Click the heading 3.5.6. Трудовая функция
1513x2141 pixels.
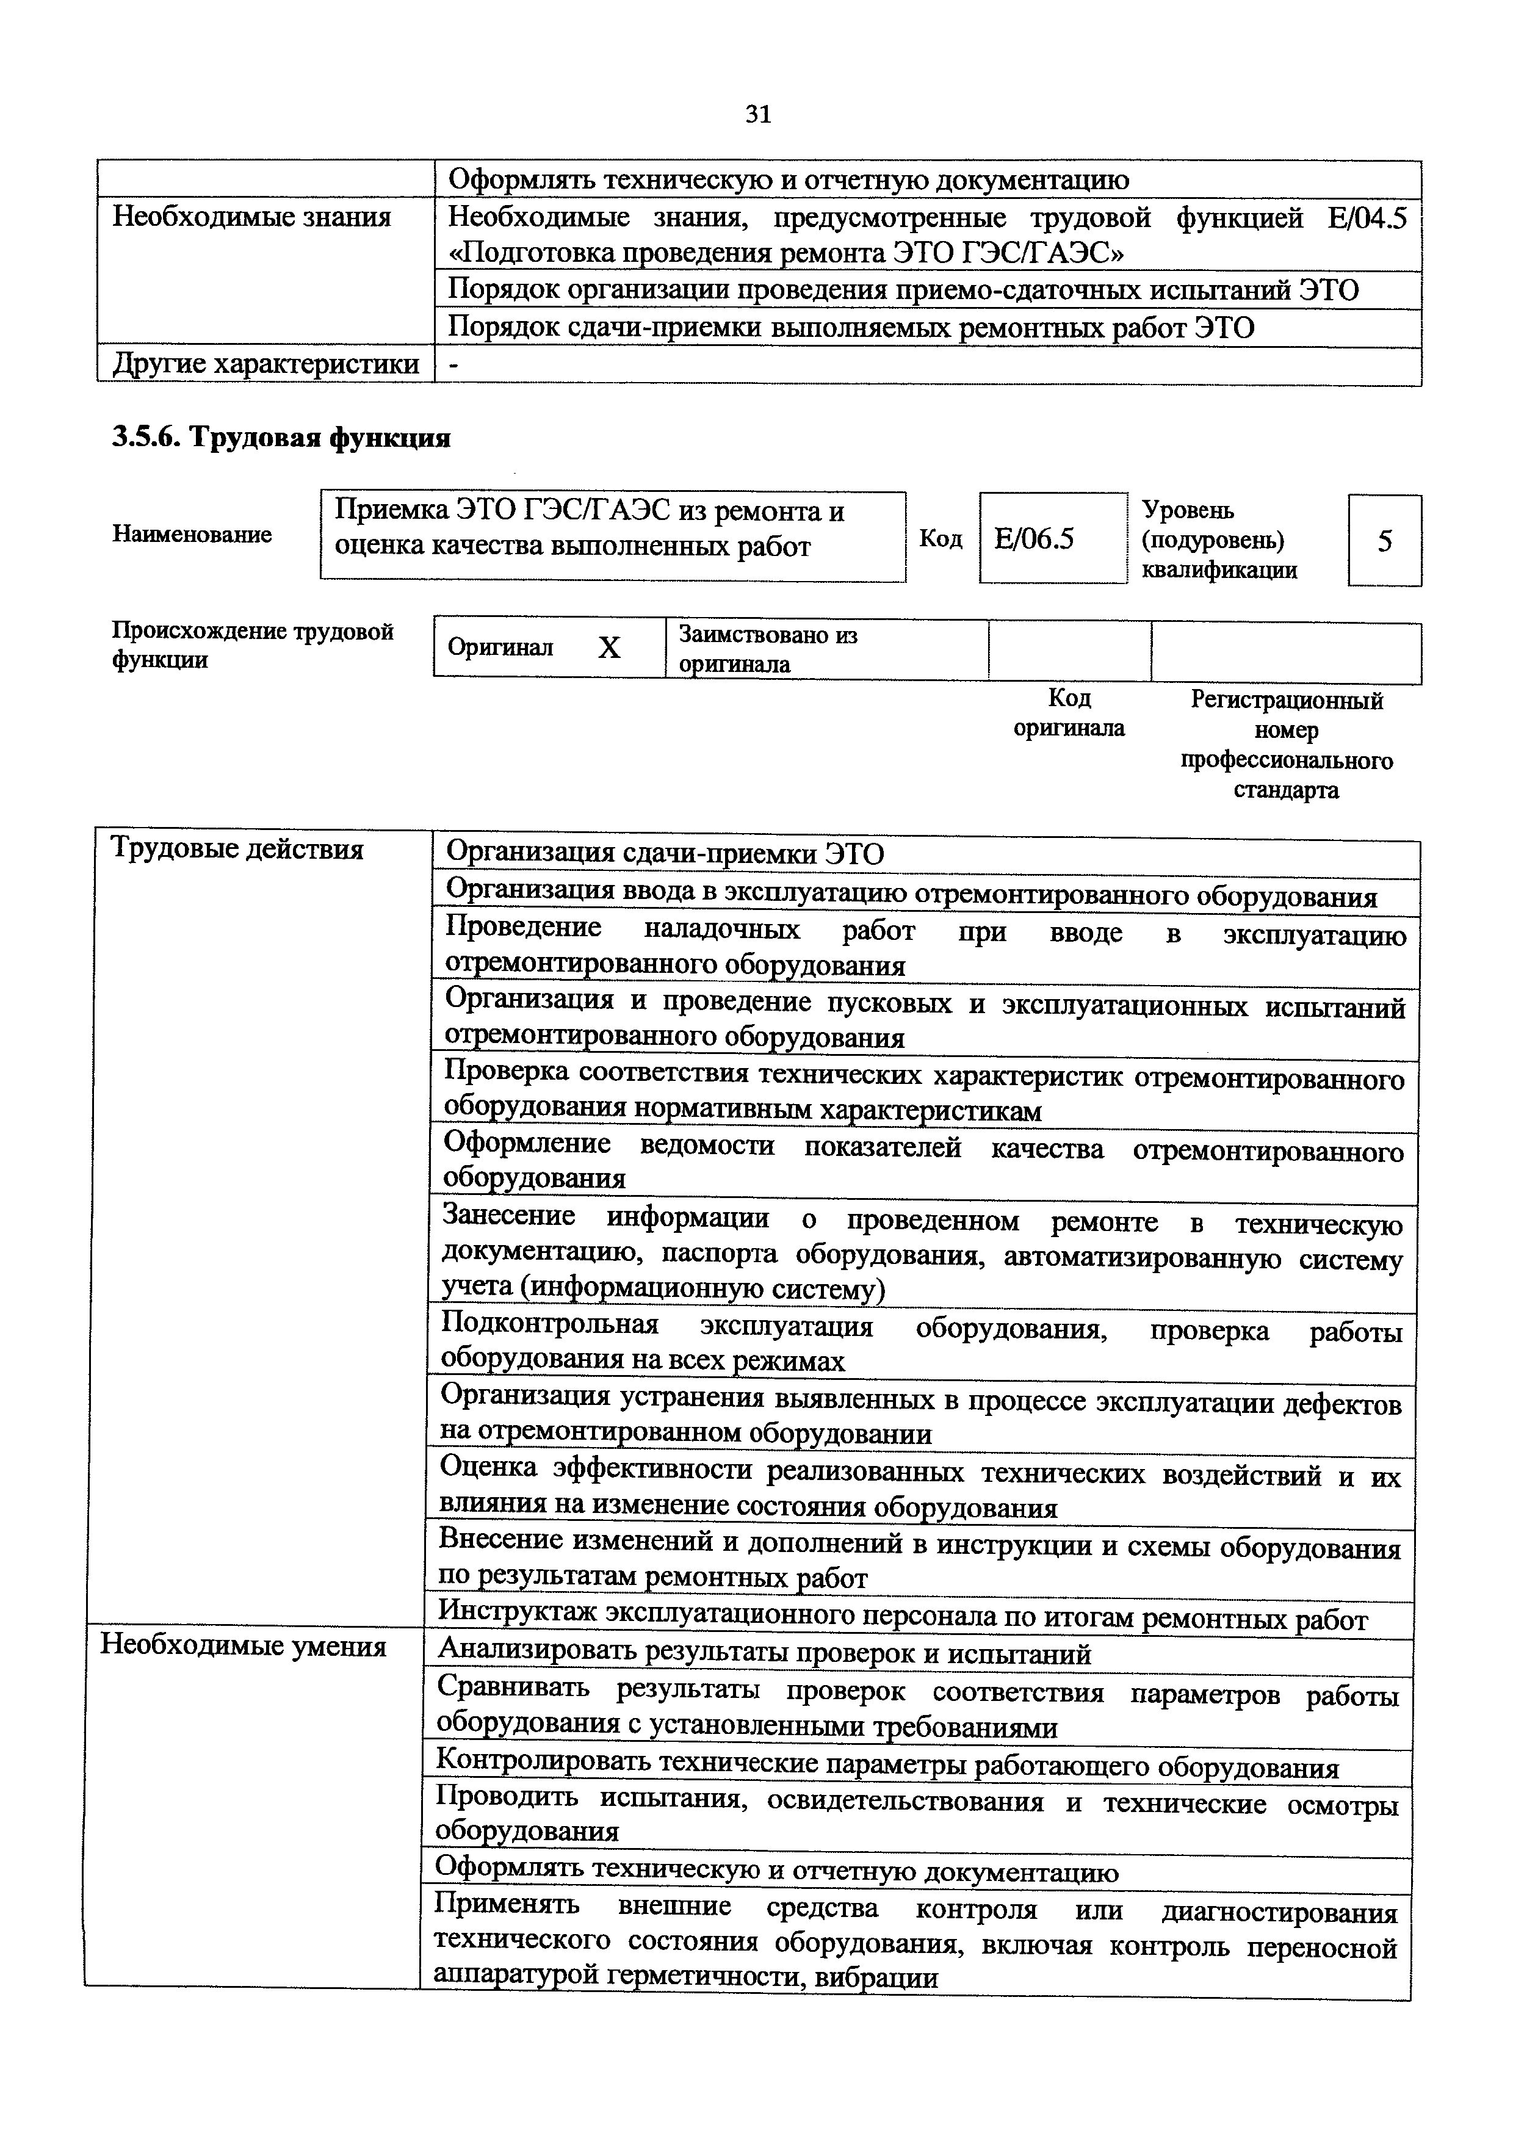tap(281, 438)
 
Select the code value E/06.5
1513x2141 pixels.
tap(1034, 539)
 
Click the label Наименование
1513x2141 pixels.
tap(192, 534)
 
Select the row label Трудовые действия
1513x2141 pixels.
tap(237, 848)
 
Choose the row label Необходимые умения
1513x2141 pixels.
tap(244, 1646)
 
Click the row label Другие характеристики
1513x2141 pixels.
tap(265, 364)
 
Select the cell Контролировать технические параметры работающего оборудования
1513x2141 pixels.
tap(887, 1766)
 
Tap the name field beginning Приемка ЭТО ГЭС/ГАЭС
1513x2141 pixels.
tap(613, 529)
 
